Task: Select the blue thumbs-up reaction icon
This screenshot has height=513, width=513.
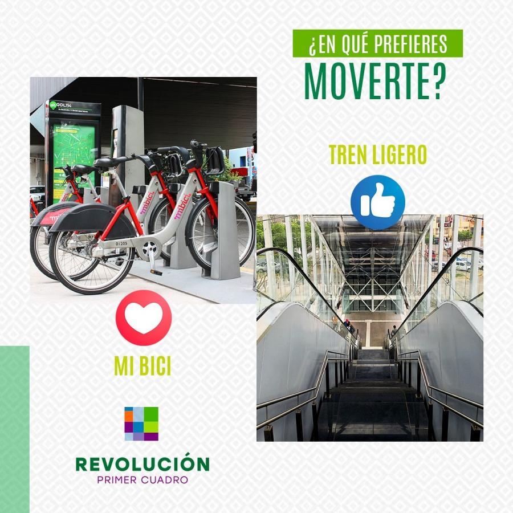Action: tap(378, 202)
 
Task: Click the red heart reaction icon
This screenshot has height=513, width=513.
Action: tap(144, 317)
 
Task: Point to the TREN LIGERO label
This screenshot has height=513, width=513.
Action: tap(378, 154)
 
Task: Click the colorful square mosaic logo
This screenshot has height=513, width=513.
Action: tap(141, 424)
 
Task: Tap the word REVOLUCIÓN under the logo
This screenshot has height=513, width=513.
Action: tap(142, 463)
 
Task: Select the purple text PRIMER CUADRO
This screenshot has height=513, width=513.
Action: tap(142, 480)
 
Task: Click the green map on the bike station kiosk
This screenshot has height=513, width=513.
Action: tap(74, 154)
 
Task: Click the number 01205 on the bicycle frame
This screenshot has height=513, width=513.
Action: tap(121, 244)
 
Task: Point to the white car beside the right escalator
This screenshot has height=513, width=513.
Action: tap(464, 265)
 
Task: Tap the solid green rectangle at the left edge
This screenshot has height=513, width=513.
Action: tap(15, 429)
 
